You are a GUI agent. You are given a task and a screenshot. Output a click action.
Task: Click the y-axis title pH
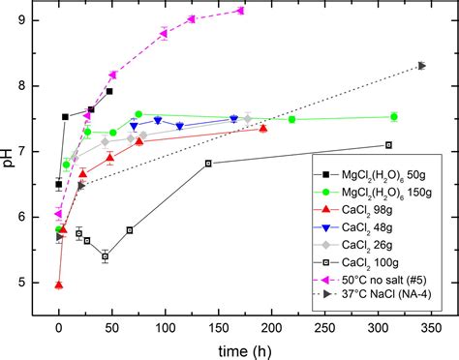10,152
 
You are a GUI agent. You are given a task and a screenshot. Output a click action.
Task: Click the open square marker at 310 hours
389,145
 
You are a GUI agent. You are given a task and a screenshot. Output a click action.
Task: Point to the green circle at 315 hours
394,117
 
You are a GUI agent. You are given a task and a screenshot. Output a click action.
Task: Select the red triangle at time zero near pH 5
59,285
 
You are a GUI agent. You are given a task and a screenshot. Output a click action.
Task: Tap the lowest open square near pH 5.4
105,256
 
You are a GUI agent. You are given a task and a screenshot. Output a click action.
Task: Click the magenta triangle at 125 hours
191,19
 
